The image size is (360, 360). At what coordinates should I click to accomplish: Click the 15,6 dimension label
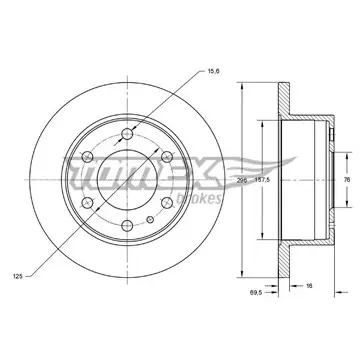[214, 71]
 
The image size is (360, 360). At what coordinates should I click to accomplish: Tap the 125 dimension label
[18, 276]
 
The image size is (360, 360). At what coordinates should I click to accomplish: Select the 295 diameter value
[242, 180]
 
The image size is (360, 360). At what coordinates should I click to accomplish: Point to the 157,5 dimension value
[262, 180]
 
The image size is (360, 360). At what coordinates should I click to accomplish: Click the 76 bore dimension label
[347, 180]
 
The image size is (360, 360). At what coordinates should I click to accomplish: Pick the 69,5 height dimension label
[256, 292]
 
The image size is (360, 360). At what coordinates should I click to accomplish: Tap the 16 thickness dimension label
[309, 286]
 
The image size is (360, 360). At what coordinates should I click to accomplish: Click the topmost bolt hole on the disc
[127, 134]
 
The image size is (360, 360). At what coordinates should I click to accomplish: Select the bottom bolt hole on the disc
[127, 226]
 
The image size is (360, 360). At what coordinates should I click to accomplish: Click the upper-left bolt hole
[87, 157]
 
